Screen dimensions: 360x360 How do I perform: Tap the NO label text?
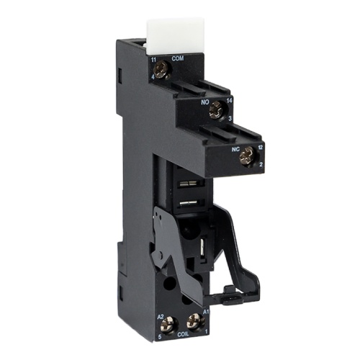204,102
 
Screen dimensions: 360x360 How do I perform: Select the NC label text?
235,149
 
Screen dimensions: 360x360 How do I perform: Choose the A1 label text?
204,311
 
